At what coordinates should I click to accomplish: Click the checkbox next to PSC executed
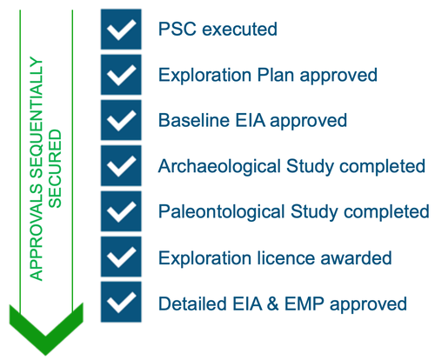(x=121, y=30)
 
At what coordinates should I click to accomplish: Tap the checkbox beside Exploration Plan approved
(x=121, y=75)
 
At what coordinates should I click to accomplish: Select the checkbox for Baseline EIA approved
(x=121, y=120)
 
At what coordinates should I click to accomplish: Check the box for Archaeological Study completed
(x=121, y=166)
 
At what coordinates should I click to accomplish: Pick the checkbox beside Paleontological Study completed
(x=121, y=211)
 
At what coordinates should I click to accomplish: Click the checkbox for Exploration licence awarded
(x=121, y=257)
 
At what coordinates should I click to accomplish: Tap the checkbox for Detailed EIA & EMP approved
(x=121, y=302)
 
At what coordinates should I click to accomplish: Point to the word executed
(x=239, y=30)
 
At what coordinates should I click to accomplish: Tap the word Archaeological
(x=219, y=167)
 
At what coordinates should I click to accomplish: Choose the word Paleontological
(x=222, y=212)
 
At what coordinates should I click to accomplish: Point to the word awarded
(x=356, y=257)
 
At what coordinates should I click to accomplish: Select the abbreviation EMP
(x=304, y=303)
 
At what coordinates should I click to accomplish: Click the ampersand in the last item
(x=272, y=303)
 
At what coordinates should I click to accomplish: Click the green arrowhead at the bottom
(x=46, y=330)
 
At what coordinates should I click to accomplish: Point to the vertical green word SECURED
(x=55, y=169)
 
